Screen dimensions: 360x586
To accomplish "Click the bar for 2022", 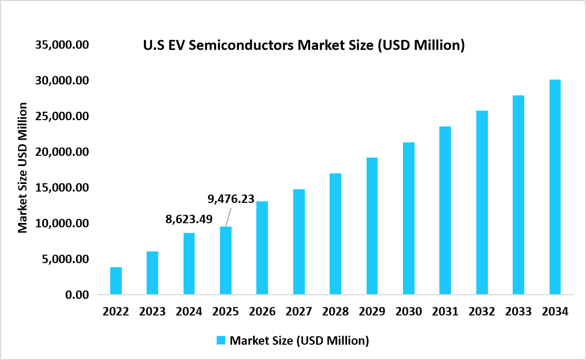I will tap(116, 280).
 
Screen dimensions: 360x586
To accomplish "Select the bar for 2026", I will tap(262, 248).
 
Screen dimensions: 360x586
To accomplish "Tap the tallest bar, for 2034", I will tap(554, 187).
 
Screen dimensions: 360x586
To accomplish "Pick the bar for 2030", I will tap(408, 218).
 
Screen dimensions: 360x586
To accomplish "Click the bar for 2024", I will tap(189, 264).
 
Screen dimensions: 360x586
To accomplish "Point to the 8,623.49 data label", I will tap(189, 219).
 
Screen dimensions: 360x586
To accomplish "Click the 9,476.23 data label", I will tap(231, 199).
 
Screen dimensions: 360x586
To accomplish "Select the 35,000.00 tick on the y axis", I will tap(61, 45).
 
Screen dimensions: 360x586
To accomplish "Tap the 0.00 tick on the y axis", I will tap(75, 295).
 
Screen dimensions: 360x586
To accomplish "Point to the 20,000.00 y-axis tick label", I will tap(61, 152).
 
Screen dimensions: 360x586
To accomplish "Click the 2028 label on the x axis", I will tap(335, 312).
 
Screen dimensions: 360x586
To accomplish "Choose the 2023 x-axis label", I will tap(152, 312).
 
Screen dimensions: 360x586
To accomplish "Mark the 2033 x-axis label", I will tap(518, 312).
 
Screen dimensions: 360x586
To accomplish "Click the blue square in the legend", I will tap(220, 340).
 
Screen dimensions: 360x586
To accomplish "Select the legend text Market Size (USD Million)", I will tap(299, 340).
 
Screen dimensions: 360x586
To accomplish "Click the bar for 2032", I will tap(482, 202).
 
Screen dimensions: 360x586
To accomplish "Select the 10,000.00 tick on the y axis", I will tap(61, 223).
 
